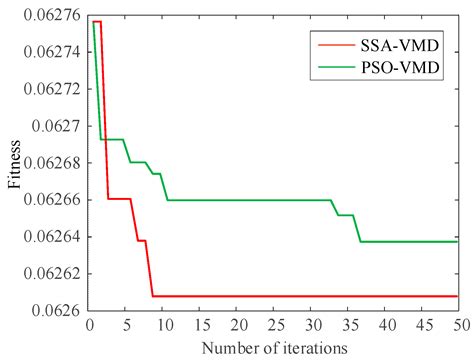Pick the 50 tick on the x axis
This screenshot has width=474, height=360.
click(457, 325)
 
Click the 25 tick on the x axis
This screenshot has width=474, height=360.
click(274, 325)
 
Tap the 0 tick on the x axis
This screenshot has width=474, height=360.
click(91, 325)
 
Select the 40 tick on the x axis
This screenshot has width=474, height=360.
click(384, 325)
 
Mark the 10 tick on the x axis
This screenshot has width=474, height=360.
click(164, 325)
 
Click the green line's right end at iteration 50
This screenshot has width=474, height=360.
click(457, 241)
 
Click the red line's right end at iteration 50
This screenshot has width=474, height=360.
click(457, 296)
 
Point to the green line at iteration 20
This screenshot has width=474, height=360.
click(237, 200)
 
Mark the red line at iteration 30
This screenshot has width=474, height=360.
click(311, 296)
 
